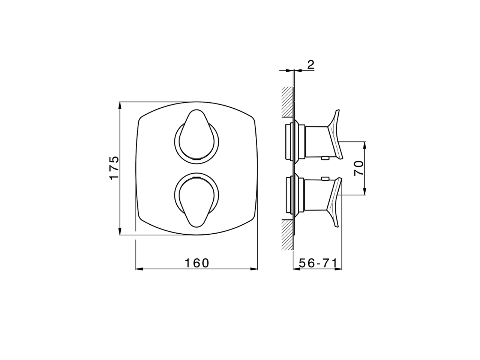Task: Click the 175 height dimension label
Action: coord(114,167)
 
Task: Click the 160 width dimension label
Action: coord(197,263)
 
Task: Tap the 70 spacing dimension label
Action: coord(358,168)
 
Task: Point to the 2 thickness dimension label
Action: coord(311,64)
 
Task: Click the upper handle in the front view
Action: coord(196,135)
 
